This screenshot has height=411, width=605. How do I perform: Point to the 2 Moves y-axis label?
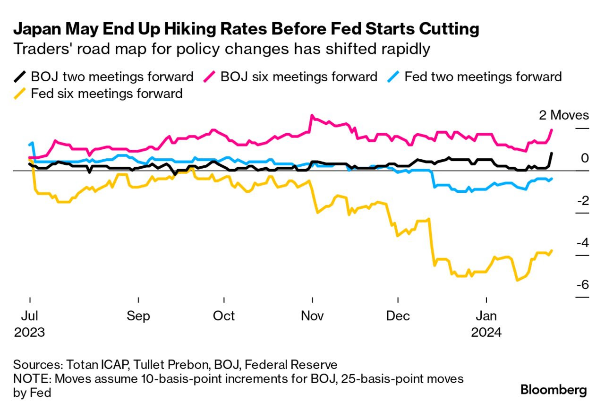pos(564,115)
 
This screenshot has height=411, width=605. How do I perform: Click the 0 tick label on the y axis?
pos(585,158)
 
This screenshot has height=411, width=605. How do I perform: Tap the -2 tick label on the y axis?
pos(582,200)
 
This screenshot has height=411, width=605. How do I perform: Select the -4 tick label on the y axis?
pos(582,243)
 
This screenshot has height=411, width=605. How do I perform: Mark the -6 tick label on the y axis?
pos(582,285)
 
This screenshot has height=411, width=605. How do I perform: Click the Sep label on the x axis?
pos(138,316)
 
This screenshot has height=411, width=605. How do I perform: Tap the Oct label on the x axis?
pos(224,316)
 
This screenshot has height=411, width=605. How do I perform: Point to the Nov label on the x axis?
pos(312,316)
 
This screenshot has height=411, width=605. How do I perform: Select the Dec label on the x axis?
pos(398,316)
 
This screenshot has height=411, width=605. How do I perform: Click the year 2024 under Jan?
pos(487,333)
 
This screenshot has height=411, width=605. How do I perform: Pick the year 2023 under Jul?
pos(29,333)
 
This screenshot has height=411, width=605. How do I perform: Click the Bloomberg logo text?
pos(554,390)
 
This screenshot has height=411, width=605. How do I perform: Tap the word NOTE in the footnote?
pos(29,379)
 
